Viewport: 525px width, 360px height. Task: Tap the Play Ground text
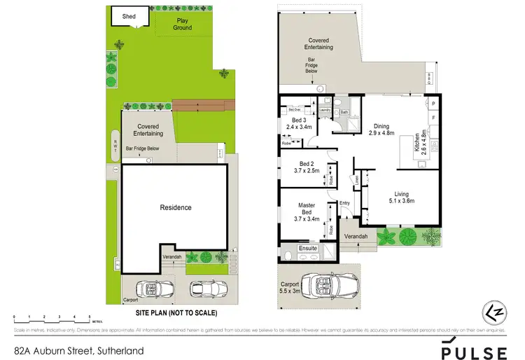pyautogui.click(x=182, y=25)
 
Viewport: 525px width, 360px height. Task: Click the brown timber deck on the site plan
pyautogui.click(x=199, y=105)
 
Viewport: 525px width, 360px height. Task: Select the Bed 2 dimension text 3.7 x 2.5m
pyautogui.click(x=305, y=170)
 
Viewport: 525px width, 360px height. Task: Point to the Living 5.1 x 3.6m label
pyautogui.click(x=401, y=198)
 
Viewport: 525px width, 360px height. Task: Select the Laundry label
pyautogui.click(x=324, y=110)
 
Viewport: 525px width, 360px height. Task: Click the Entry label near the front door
pyautogui.click(x=344, y=203)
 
